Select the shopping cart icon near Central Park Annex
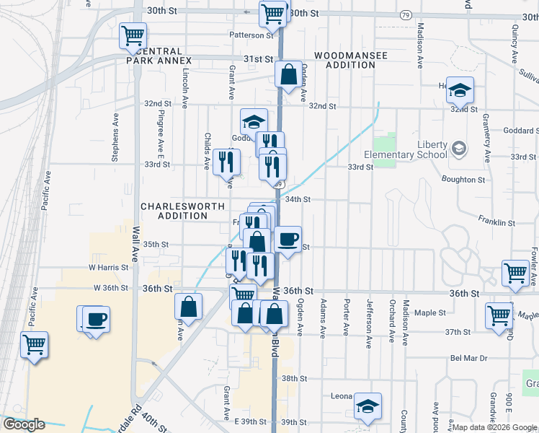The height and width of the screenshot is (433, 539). pos(133,35)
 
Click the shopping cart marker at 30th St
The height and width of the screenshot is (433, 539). pos(273,12)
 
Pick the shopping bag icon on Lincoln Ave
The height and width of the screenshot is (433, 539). pos(188,306)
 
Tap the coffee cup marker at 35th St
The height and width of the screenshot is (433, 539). pos(288,240)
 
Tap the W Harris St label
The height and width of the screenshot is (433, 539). pos(108,267)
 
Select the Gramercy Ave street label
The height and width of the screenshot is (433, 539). pos(486,137)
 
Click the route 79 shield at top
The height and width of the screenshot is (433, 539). pos(406,14)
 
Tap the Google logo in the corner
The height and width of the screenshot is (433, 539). pos(24,424)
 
